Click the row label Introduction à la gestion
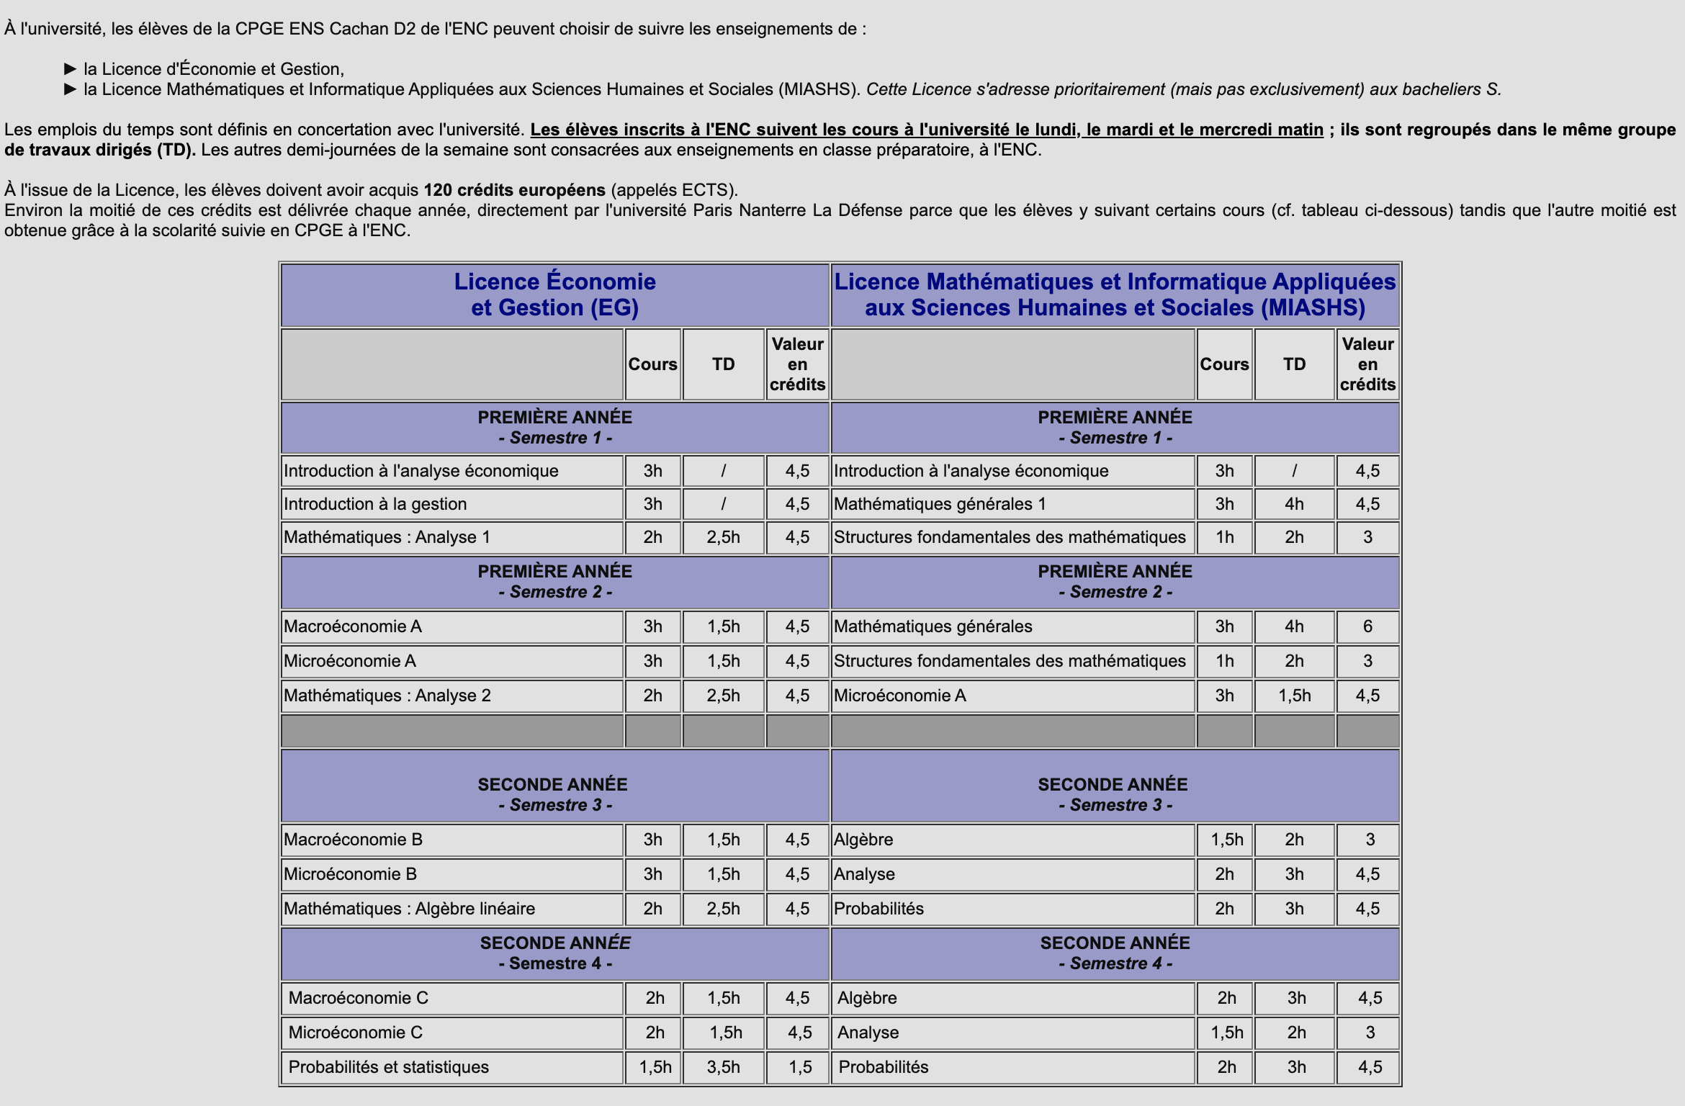(x=375, y=504)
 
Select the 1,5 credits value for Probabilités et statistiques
(x=799, y=1067)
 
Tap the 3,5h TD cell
(x=723, y=1067)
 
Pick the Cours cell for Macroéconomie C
(x=655, y=998)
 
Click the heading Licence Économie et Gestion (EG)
(x=554, y=295)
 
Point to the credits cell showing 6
(x=1367, y=626)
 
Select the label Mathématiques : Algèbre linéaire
(x=409, y=909)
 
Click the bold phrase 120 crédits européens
(x=514, y=190)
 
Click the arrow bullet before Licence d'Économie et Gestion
(x=70, y=69)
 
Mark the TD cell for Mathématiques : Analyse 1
(x=723, y=537)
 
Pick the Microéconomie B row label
(x=350, y=874)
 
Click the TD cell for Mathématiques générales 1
(x=1294, y=504)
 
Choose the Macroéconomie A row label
(x=353, y=626)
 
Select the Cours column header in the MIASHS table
(x=1224, y=364)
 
